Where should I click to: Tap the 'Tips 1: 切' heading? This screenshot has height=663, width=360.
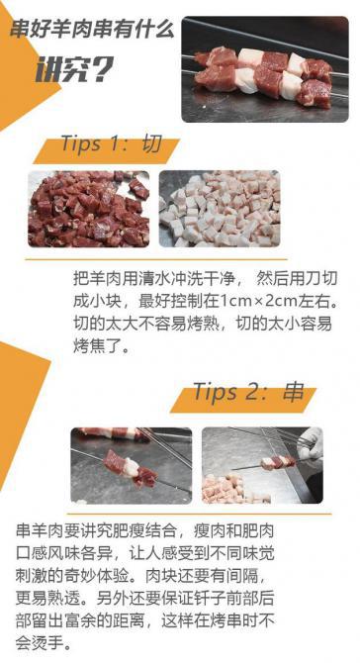[x=111, y=143]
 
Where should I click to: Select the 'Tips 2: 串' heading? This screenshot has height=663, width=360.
[x=248, y=392]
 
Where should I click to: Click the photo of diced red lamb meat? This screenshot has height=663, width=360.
[x=89, y=209]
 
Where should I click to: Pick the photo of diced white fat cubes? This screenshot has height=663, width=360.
[x=220, y=209]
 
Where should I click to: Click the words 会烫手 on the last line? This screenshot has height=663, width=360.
[x=39, y=644]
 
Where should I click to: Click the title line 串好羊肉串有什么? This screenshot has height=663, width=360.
[x=92, y=30]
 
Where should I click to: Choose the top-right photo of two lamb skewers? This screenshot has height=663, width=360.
[x=265, y=69]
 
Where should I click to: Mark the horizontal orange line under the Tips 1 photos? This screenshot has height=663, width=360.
[x=156, y=259]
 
